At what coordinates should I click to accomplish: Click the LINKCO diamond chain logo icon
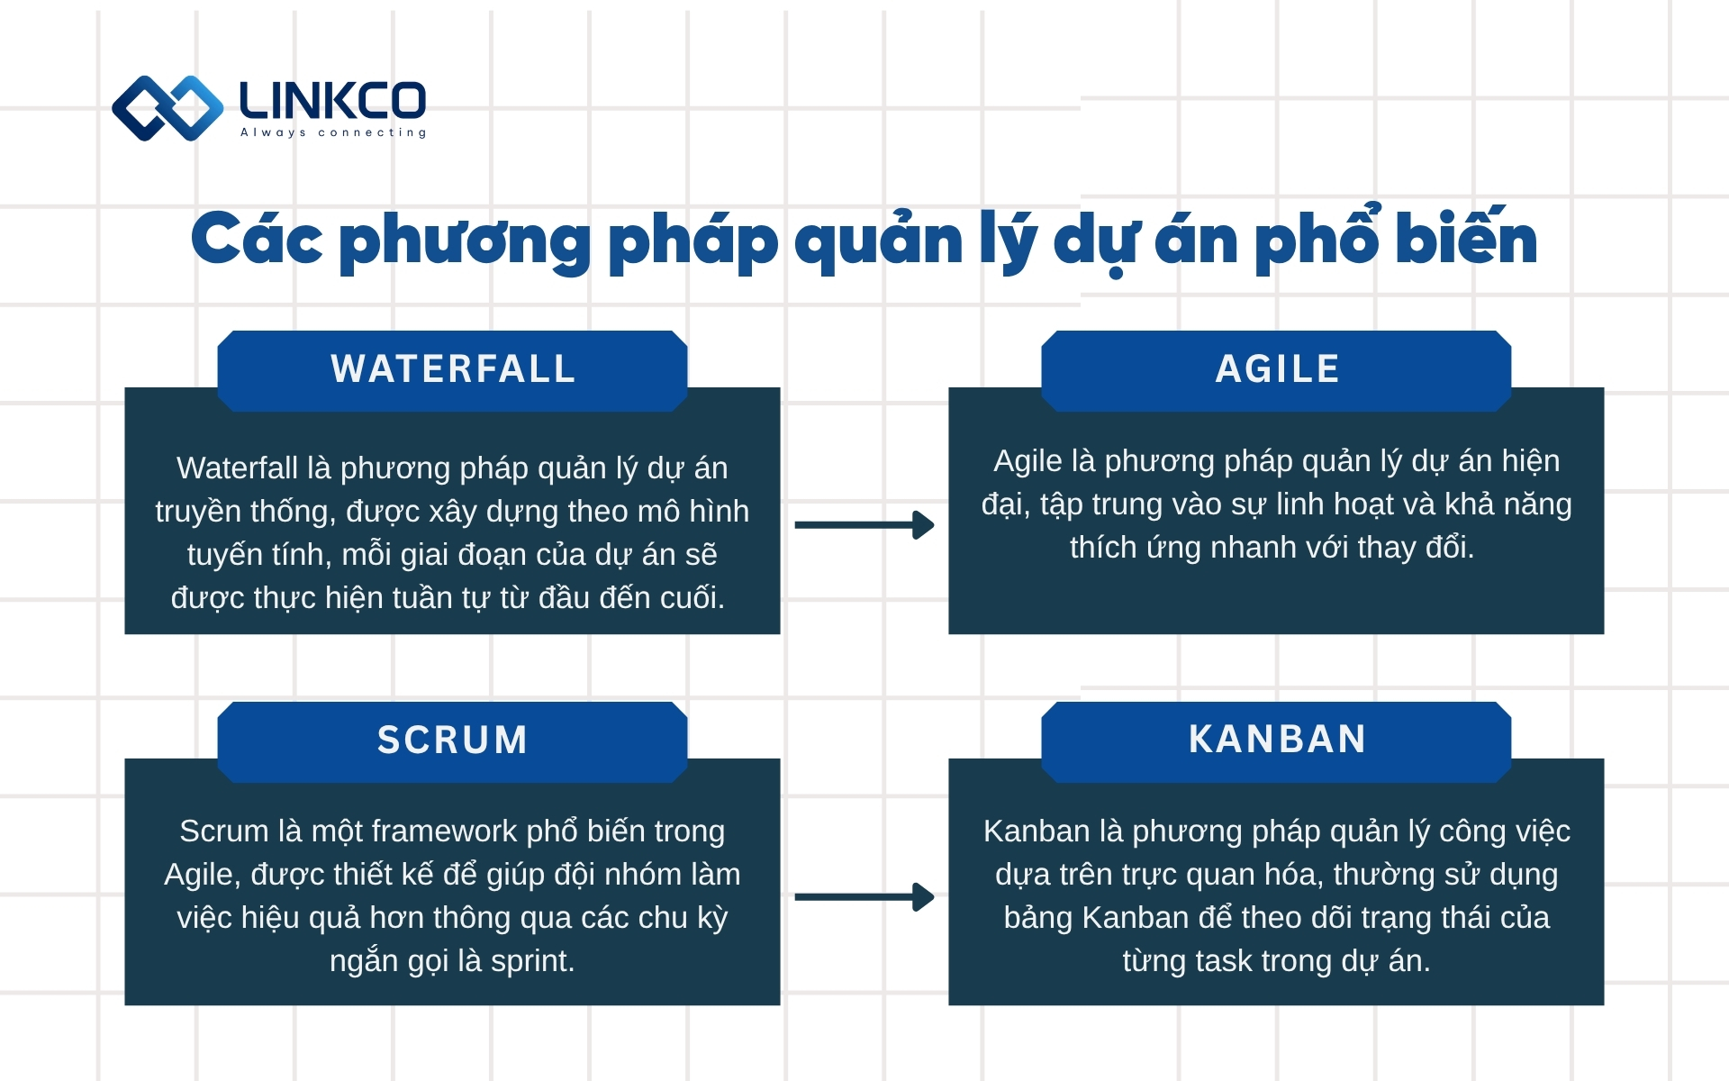tap(167, 108)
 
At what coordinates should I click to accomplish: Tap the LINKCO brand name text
tap(332, 101)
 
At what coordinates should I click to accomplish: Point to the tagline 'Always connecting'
tap(333, 133)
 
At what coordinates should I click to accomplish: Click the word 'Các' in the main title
tap(257, 241)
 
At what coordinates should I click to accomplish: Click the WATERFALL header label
tap(453, 369)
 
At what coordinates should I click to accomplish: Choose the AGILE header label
tap(1277, 369)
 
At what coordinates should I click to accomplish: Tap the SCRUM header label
tap(453, 740)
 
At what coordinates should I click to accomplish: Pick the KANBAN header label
tap(1277, 740)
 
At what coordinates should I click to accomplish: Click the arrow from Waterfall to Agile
tap(864, 525)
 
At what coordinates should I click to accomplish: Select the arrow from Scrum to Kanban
tap(864, 897)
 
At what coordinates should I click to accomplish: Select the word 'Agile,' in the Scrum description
tap(203, 875)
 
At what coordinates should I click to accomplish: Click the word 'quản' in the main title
tap(879, 241)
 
